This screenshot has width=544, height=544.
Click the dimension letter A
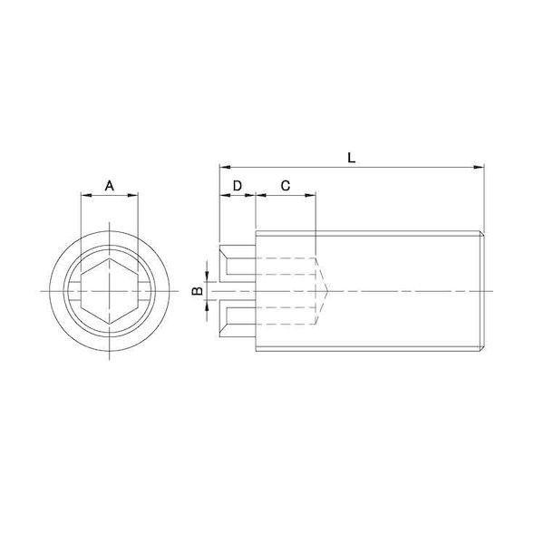(110, 186)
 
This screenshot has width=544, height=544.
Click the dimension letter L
(352, 158)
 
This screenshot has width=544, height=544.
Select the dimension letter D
(238, 186)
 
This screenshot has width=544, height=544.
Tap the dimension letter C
(286, 186)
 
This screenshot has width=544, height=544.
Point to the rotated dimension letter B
(198, 291)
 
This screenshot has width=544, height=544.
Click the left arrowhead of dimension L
(225, 168)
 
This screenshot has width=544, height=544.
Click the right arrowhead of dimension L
(479, 168)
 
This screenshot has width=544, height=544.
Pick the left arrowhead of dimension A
(86, 196)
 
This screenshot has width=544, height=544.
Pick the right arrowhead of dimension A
(133, 196)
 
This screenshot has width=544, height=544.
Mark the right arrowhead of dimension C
(310, 196)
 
